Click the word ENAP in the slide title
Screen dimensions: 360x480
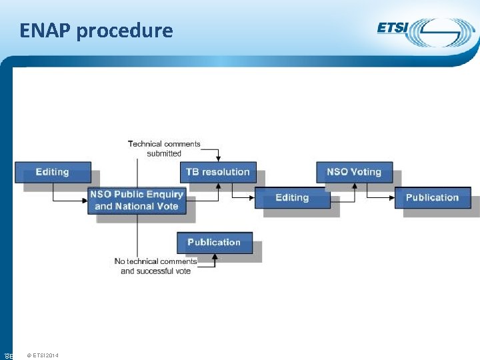(x=45, y=31)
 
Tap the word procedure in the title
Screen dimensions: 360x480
(x=125, y=31)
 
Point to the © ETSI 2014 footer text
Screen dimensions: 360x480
(x=43, y=355)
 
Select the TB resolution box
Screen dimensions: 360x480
(x=218, y=172)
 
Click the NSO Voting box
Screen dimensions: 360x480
(x=354, y=172)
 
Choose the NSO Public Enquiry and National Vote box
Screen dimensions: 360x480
(x=137, y=200)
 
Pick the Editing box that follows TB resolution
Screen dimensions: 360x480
(x=292, y=197)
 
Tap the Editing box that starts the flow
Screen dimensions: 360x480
(x=52, y=172)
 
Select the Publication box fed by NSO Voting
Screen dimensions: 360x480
(x=432, y=197)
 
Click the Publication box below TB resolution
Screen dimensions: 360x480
(x=214, y=242)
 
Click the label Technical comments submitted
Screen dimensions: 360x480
(x=164, y=148)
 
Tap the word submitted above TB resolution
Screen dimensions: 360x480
(x=164, y=153)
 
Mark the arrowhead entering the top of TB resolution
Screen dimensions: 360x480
(x=218, y=159)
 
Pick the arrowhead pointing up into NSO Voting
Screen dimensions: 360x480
(x=354, y=185)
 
